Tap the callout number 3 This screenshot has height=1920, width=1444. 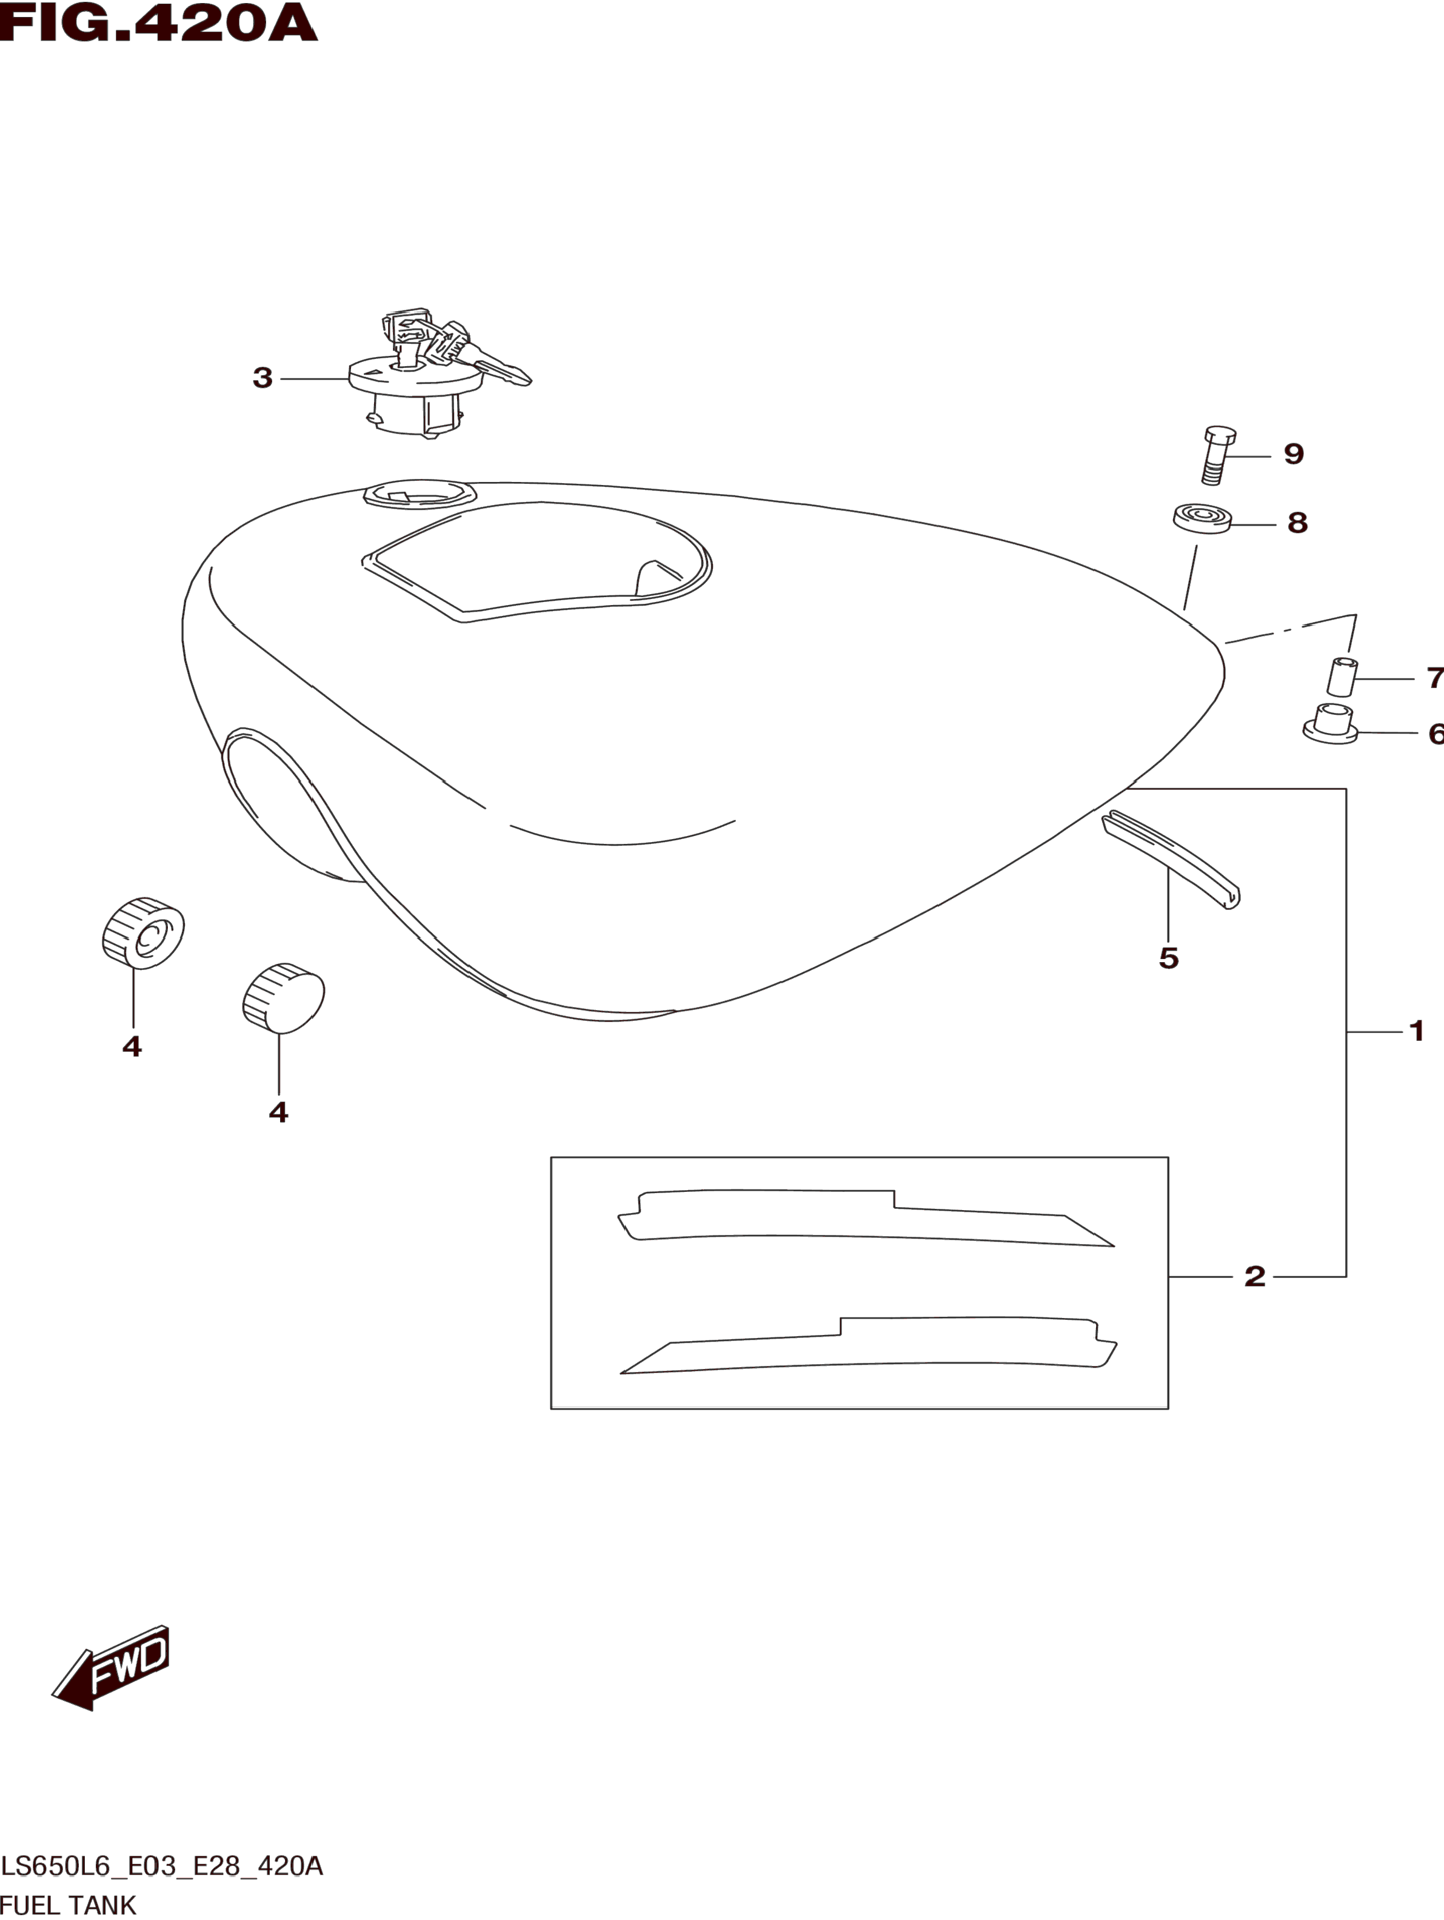pos(262,378)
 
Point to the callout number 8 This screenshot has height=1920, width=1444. pos(1297,523)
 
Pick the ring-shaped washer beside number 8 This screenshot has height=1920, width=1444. pos(1202,518)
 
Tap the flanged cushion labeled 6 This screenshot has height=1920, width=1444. pos(1329,724)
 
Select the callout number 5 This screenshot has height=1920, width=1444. pos(1168,958)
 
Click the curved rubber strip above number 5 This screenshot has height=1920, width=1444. pos(1172,858)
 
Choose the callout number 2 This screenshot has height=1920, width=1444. pos(1254,1276)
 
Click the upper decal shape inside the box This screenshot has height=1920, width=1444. pos(859,1218)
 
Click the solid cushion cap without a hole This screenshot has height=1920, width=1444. pos(283,997)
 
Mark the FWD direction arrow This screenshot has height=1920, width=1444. pos(111,1668)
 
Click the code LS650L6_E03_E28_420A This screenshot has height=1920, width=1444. pos(162,1866)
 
